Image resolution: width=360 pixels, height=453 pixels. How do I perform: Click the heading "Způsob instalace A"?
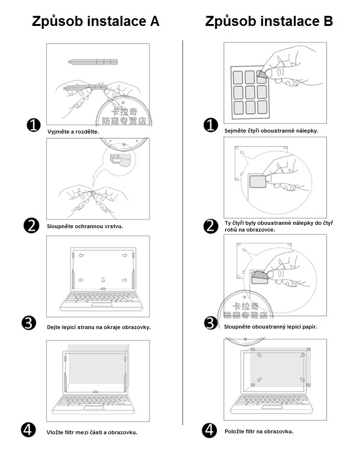click(96, 21)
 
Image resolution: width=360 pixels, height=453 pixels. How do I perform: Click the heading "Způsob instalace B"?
click(269, 21)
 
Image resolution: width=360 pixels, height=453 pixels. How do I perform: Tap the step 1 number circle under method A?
click(33, 126)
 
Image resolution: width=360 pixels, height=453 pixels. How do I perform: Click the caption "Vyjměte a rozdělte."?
click(73, 131)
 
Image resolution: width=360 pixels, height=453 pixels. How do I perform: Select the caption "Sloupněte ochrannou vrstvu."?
click(85, 226)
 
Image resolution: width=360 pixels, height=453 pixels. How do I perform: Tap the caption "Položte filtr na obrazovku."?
click(259, 431)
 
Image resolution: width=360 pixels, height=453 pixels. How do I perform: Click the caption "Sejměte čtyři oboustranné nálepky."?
click(271, 130)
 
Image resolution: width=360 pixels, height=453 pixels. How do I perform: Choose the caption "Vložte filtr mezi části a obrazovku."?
click(92, 432)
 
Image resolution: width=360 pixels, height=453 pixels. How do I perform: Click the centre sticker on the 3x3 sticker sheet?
click(250, 91)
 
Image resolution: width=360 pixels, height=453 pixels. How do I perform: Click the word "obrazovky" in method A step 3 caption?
click(137, 327)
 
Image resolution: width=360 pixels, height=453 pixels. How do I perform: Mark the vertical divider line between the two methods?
click(183, 231)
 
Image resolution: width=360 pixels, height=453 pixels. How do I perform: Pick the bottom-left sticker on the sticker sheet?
click(238, 107)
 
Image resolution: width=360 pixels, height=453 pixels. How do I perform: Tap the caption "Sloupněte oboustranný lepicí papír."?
click(271, 327)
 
